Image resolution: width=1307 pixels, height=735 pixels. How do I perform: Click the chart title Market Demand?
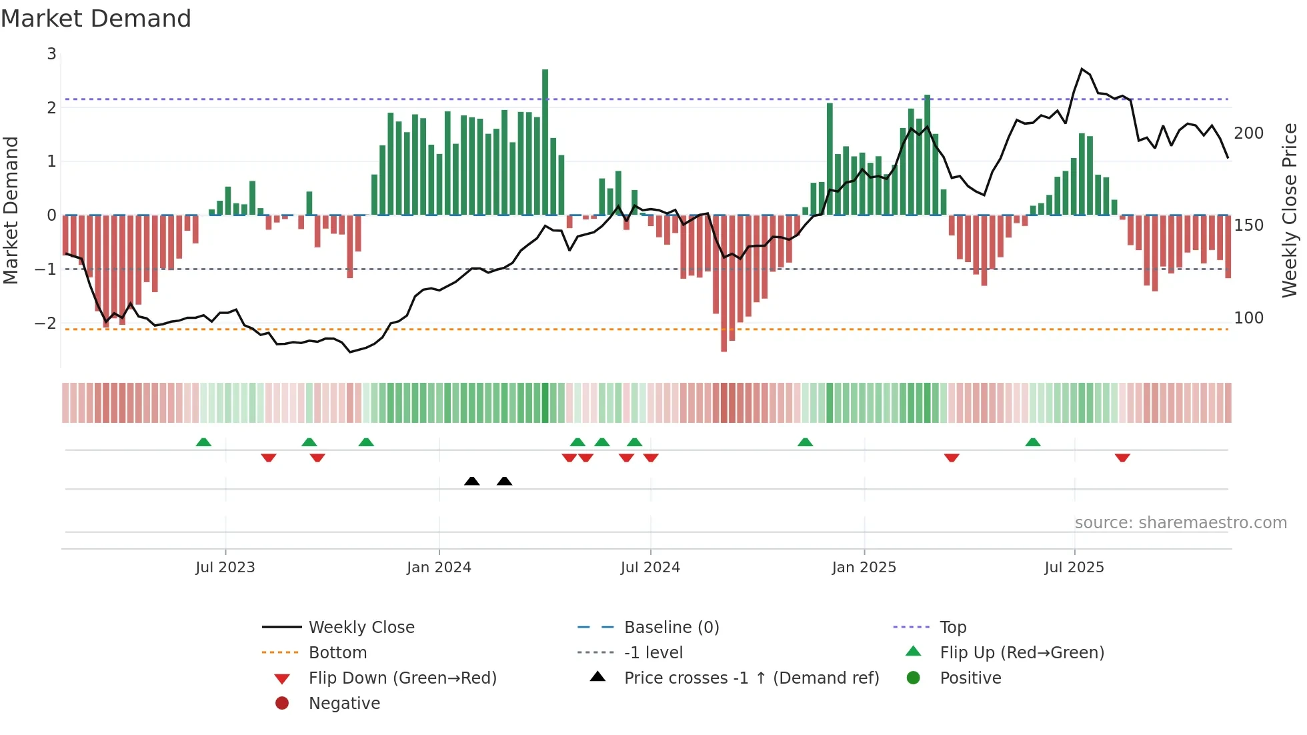click(96, 18)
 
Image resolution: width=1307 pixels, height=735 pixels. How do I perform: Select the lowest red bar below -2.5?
click(724, 283)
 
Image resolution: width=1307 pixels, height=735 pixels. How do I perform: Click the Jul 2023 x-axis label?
click(225, 568)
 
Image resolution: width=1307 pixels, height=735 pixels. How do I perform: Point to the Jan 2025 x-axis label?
click(864, 568)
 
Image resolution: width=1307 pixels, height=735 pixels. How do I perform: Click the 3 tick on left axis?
click(52, 54)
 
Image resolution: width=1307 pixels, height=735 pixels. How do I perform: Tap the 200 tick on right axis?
click(1248, 133)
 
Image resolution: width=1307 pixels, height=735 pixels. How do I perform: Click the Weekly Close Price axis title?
click(1290, 210)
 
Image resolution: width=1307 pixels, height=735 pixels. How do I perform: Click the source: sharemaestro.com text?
click(1180, 523)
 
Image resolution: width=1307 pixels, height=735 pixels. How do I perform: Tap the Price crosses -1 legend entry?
click(751, 678)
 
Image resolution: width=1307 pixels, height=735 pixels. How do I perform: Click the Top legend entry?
click(952, 628)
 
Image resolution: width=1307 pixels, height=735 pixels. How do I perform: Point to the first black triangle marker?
click(471, 481)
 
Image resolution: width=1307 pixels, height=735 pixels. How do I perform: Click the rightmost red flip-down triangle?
click(1122, 458)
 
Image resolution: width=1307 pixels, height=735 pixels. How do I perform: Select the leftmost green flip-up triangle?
click(203, 442)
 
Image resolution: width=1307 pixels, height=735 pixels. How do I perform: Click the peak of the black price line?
click(1082, 69)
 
